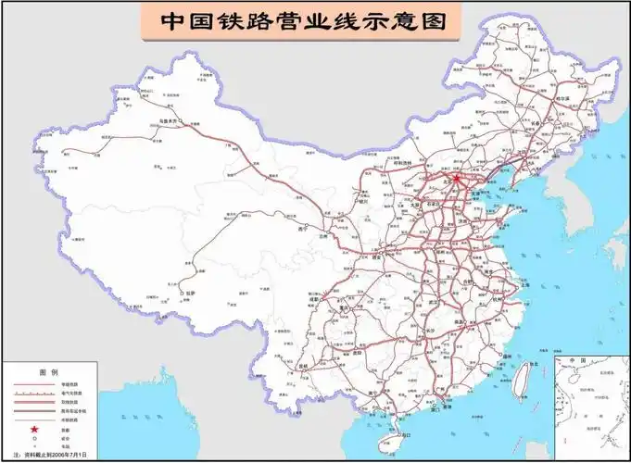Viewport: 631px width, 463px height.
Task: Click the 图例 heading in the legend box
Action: [48, 370]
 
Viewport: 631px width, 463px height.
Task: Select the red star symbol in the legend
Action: [35, 429]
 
